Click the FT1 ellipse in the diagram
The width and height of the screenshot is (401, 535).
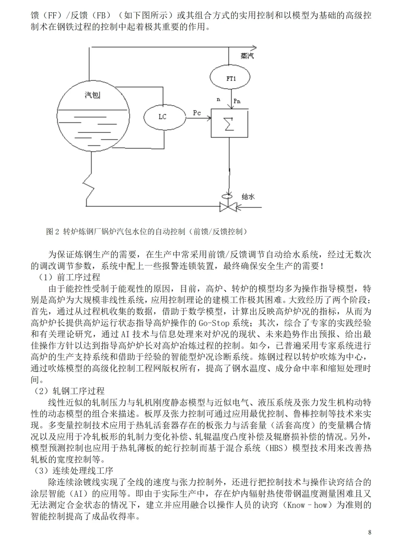pos(231,78)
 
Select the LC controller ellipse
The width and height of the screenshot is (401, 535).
pos(163,117)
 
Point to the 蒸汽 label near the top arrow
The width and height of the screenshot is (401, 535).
pos(247,56)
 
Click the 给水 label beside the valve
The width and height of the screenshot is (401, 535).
pos(248,196)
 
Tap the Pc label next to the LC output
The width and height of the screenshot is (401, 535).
pos(197,113)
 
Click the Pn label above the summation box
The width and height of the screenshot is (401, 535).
pos(237,101)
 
